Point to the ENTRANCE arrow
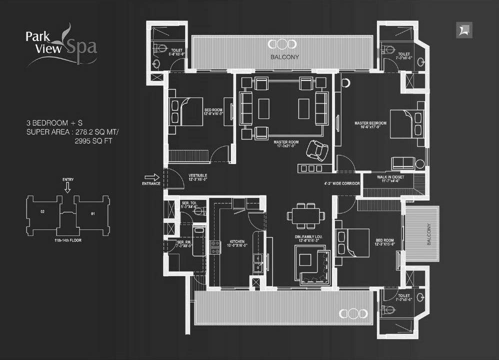[x=152, y=177]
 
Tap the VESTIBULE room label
[x=197, y=175]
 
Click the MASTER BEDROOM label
[x=370, y=123]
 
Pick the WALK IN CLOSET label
[x=391, y=177]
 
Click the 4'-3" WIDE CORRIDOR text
[x=342, y=183]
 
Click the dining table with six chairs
[x=302, y=216]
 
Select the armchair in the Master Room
[x=317, y=150]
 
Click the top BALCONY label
[x=284, y=57]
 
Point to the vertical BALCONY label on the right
[x=428, y=234]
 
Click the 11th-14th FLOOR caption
[x=68, y=240]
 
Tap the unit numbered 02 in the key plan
[x=43, y=212]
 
